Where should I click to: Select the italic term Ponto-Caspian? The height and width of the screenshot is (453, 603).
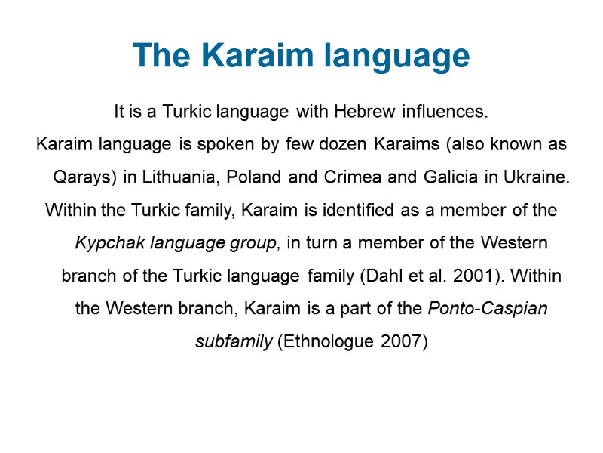coord(488,309)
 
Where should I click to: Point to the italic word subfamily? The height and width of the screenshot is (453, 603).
coord(234,341)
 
